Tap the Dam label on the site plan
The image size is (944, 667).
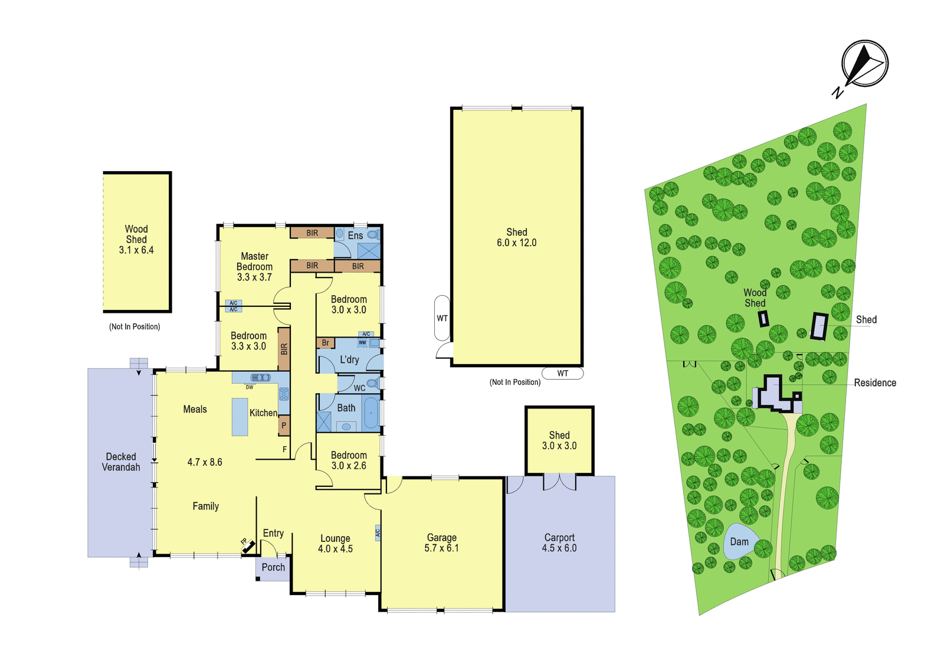tap(739, 542)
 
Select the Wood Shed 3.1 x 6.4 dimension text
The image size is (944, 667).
tap(136, 250)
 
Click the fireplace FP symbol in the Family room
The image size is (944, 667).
tap(248, 545)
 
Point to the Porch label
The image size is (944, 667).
tap(273, 567)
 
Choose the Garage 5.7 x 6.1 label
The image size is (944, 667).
tap(442, 542)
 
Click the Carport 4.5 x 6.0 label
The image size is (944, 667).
tap(559, 542)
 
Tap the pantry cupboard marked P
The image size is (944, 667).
tap(284, 426)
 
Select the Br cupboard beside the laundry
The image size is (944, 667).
tap(325, 343)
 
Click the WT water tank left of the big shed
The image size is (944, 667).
tap(442, 318)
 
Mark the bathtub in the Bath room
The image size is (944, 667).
tap(371, 414)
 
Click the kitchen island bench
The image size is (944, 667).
tap(240, 417)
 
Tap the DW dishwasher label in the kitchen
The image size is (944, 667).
tap(250, 387)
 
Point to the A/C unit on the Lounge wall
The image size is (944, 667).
tap(378, 532)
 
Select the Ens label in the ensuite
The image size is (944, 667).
tap(355, 236)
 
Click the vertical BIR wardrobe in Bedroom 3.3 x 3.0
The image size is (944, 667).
tap(284, 349)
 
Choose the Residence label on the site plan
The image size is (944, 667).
tap(875, 383)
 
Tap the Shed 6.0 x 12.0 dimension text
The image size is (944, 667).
tap(517, 243)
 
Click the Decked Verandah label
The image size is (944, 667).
tap(121, 462)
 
